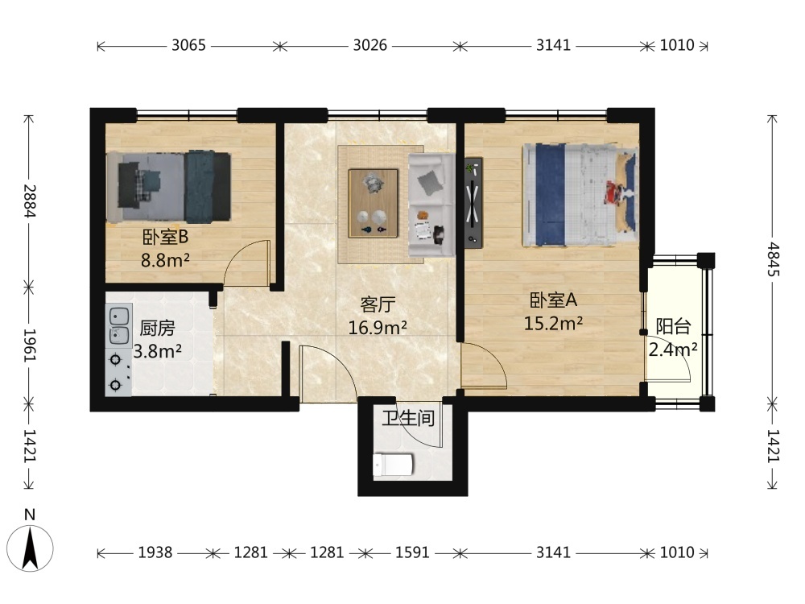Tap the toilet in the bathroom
point(393,465)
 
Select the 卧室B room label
point(165,237)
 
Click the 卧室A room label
point(554,300)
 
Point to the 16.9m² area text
point(378,327)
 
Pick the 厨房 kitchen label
point(157,329)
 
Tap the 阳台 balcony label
point(673,326)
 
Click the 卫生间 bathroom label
point(408,418)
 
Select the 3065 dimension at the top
point(188,45)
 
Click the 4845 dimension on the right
point(773,259)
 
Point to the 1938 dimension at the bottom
point(155,552)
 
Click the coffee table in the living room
point(374,204)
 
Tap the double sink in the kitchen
point(118,325)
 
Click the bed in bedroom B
point(169,187)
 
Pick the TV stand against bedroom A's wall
point(473,202)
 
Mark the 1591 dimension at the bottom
point(412,552)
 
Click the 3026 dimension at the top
point(369,45)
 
